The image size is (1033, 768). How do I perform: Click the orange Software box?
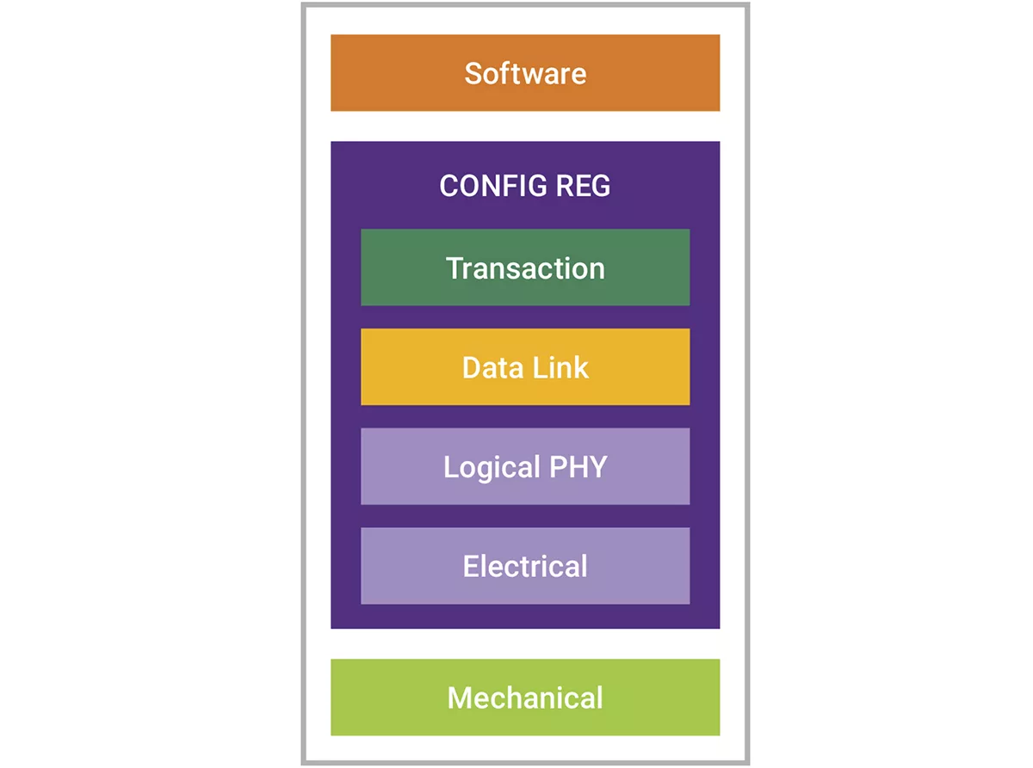525,72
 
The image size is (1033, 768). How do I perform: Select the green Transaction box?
525,267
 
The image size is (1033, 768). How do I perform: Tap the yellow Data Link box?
525,366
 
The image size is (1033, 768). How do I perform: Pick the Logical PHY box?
525,466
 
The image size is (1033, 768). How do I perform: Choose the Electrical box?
525,566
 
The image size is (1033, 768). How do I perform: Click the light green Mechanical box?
525,697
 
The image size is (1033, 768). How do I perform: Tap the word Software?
525,74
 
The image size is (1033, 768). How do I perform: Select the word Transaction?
525,268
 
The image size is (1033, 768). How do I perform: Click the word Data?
492,368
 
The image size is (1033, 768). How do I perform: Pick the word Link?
560,368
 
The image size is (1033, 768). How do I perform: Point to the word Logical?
492,468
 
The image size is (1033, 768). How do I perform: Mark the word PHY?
578,466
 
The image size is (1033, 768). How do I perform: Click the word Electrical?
525,566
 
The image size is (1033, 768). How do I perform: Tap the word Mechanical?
525,697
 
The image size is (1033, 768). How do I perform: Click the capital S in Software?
473,74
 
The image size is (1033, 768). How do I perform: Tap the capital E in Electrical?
471,566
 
